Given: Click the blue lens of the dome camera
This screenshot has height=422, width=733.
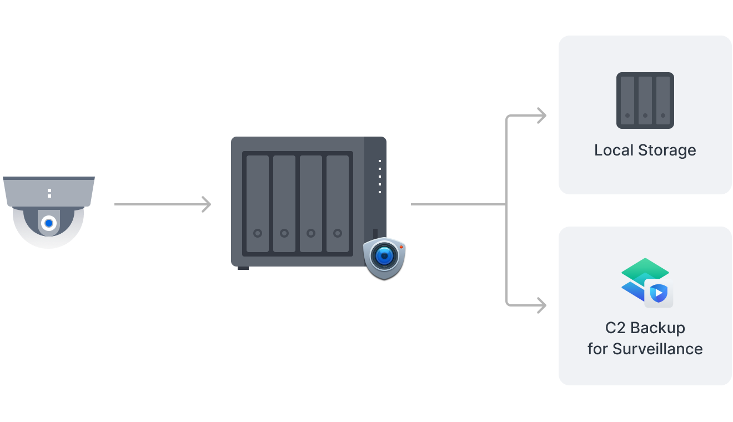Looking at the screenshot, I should [x=49, y=223].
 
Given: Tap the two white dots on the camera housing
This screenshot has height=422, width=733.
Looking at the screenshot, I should [x=49, y=193].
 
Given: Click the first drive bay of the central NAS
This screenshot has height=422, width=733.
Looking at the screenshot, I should [x=257, y=204].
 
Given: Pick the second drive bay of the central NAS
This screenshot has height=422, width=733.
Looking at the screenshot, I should [x=284, y=204].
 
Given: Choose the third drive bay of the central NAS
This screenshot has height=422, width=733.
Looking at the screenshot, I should [x=311, y=204].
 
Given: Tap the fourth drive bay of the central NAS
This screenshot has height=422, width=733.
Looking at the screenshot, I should [x=338, y=204].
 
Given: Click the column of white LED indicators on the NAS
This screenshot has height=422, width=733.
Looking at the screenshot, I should [x=380, y=177].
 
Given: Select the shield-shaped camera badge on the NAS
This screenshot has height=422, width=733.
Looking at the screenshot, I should [x=384, y=257].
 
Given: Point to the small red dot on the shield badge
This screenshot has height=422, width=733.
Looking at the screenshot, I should [x=400, y=247].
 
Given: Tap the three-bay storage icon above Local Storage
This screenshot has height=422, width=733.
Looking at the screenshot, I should [x=645, y=101].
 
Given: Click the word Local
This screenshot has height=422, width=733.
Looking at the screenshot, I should [x=612, y=150].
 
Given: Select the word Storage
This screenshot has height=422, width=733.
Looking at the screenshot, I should [x=666, y=150].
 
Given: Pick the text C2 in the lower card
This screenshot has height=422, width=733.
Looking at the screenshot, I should [x=615, y=328].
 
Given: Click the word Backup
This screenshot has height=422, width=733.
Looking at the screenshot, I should [x=657, y=328].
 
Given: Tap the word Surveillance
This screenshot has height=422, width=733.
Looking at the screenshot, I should [x=657, y=349].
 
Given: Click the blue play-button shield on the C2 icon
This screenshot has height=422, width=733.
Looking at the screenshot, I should [x=659, y=293].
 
